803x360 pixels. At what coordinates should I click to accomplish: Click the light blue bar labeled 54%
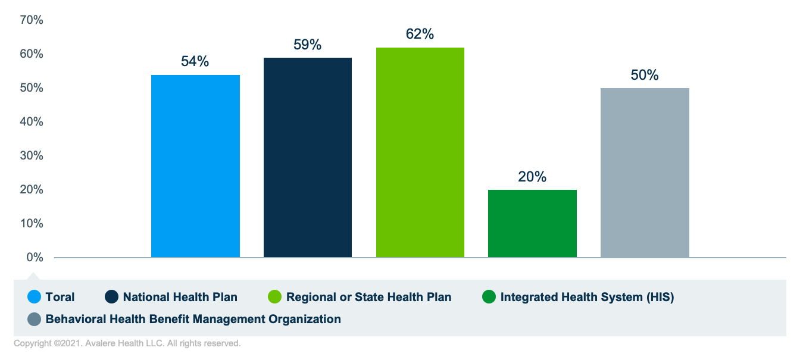pyautogui.click(x=195, y=166)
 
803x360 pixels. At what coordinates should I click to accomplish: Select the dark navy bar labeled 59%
pyautogui.click(x=308, y=158)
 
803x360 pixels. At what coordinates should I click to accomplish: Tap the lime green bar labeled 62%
pyautogui.click(x=420, y=152)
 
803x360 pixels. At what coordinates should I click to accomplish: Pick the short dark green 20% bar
pyautogui.click(x=532, y=224)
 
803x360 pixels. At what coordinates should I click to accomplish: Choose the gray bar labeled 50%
pyautogui.click(x=645, y=173)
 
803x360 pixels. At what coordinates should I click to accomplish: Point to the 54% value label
pyautogui.click(x=195, y=61)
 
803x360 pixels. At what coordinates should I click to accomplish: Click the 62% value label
pyautogui.click(x=420, y=35)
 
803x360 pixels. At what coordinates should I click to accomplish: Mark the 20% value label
pyautogui.click(x=532, y=177)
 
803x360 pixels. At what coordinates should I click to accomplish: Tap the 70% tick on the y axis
pyautogui.click(x=32, y=20)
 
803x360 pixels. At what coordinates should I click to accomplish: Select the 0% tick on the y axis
pyautogui.click(x=35, y=258)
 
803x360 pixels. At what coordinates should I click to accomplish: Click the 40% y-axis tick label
pyautogui.click(x=32, y=122)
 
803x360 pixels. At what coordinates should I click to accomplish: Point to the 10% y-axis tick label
pyautogui.click(x=32, y=224)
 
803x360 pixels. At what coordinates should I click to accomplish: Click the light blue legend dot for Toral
pyautogui.click(x=35, y=297)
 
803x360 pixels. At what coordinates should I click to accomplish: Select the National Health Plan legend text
pyautogui.click(x=180, y=297)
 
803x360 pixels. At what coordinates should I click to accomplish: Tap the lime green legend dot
pyautogui.click(x=275, y=297)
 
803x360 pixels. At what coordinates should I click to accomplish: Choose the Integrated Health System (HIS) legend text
pyautogui.click(x=587, y=297)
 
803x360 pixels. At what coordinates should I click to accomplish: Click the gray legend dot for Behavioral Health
pyautogui.click(x=35, y=320)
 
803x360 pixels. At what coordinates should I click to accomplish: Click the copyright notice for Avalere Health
pyautogui.click(x=127, y=344)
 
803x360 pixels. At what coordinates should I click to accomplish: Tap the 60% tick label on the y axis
pyautogui.click(x=32, y=54)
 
